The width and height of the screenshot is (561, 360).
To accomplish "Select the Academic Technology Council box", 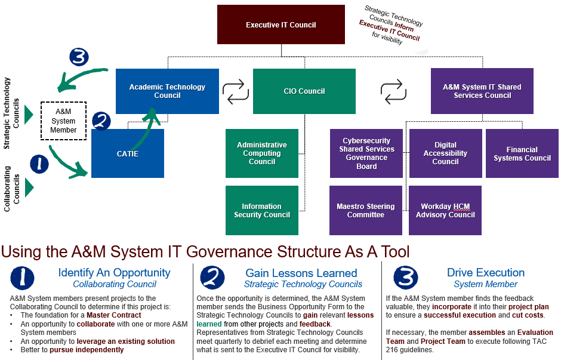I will (167, 91).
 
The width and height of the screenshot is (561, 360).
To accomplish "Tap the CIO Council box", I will (304, 91).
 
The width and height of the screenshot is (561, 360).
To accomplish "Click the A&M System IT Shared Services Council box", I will (482, 91).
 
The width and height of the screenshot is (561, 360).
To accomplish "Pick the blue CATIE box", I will (127, 154).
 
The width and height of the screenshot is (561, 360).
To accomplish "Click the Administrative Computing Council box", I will (261, 153).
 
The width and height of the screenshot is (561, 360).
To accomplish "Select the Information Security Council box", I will (261, 210).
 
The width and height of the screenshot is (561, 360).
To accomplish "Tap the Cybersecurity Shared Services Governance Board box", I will (366, 153).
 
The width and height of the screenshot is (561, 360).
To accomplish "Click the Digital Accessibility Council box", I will (445, 153).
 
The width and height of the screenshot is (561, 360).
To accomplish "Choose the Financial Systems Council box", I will (522, 153).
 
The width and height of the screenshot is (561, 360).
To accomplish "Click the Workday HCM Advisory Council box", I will (445, 210).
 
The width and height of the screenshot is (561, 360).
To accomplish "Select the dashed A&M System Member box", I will (63, 121).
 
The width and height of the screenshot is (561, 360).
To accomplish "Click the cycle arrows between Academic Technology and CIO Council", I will (236, 91).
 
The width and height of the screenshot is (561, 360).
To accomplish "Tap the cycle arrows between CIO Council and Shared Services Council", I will (393, 91).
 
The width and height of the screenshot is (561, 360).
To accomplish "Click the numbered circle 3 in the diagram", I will (79, 57).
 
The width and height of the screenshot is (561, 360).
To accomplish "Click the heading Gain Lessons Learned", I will (301, 273).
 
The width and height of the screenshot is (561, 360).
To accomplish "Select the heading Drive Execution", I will (485, 273).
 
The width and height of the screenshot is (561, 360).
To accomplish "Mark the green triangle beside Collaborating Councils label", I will (29, 187).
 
